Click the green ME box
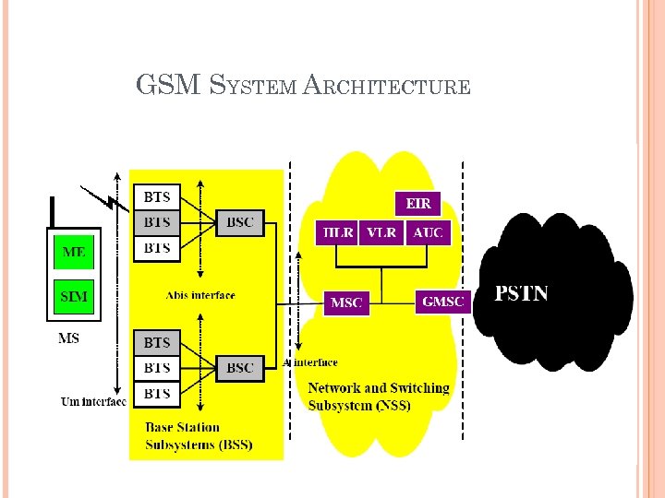pos(73,251)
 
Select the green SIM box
pos(73,296)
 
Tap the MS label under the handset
pos(68,338)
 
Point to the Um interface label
pos(93,401)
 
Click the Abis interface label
pos(199,295)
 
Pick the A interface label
pos(314,362)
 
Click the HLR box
pos(335,233)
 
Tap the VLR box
pos(381,233)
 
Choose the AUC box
pos(428,233)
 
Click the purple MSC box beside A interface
pos(346,302)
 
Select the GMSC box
pos(443,302)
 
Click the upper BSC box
pos(239,222)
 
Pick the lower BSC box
pos(239,368)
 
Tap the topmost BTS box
pos(157,197)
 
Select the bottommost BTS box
pos(157,394)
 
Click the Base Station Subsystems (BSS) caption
pos(199,436)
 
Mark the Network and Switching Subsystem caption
pos(378,397)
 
